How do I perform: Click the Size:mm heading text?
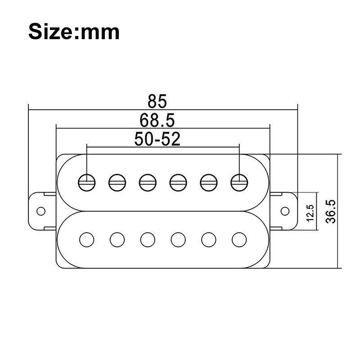click(74, 31)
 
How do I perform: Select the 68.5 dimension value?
click(157, 121)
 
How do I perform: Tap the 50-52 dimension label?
click(157, 139)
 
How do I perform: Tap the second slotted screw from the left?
click(117, 182)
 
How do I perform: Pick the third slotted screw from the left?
click(148, 182)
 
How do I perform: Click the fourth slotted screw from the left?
click(178, 182)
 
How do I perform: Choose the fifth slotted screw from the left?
click(209, 182)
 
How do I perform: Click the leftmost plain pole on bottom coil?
click(87, 239)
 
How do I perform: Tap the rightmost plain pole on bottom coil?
click(239, 239)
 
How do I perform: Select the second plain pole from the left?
click(117, 239)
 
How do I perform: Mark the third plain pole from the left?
click(148, 239)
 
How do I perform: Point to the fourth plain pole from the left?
click(178, 239)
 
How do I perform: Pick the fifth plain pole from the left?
click(209, 239)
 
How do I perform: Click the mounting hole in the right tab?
click(285, 211)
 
